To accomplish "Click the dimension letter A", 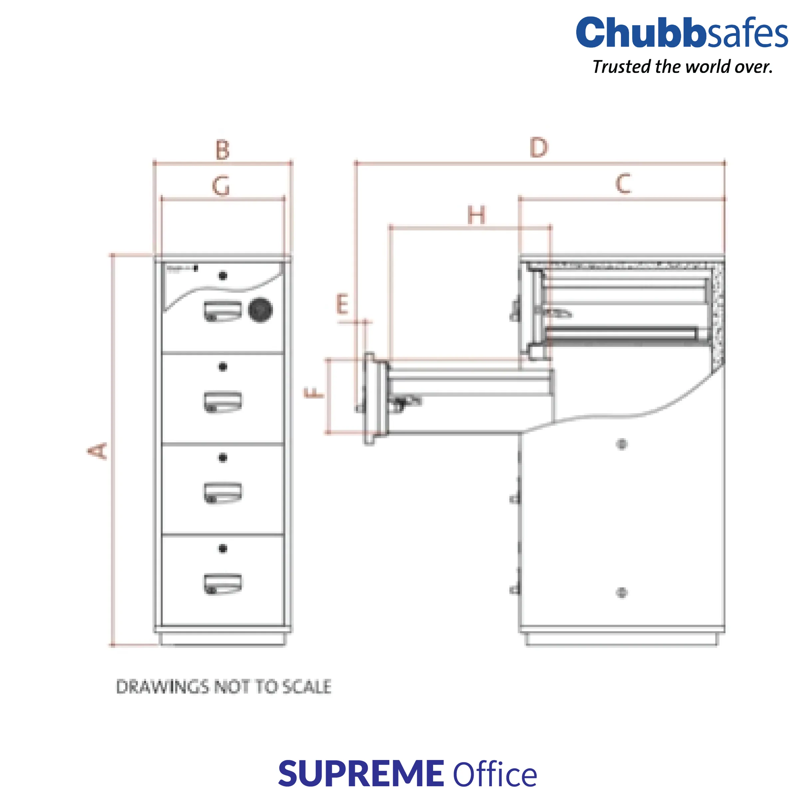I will tap(98, 451).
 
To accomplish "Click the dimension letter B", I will tap(222, 150).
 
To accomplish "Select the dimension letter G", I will tap(221, 186).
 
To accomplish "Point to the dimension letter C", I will tap(623, 184).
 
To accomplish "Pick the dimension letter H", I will tap(476, 215).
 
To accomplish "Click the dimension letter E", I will tap(342, 305).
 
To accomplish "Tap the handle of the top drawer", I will tap(222, 311).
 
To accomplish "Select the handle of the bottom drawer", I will tap(222, 584).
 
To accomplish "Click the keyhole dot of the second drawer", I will tap(222, 367).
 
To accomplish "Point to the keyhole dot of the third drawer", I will tap(222, 457).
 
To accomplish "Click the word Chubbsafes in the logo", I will tap(681, 33).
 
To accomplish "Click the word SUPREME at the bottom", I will tap(361, 774).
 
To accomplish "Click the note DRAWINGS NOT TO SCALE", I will tap(224, 687).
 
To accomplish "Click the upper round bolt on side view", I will tap(622, 444).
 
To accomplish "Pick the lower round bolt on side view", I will tap(622, 593).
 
